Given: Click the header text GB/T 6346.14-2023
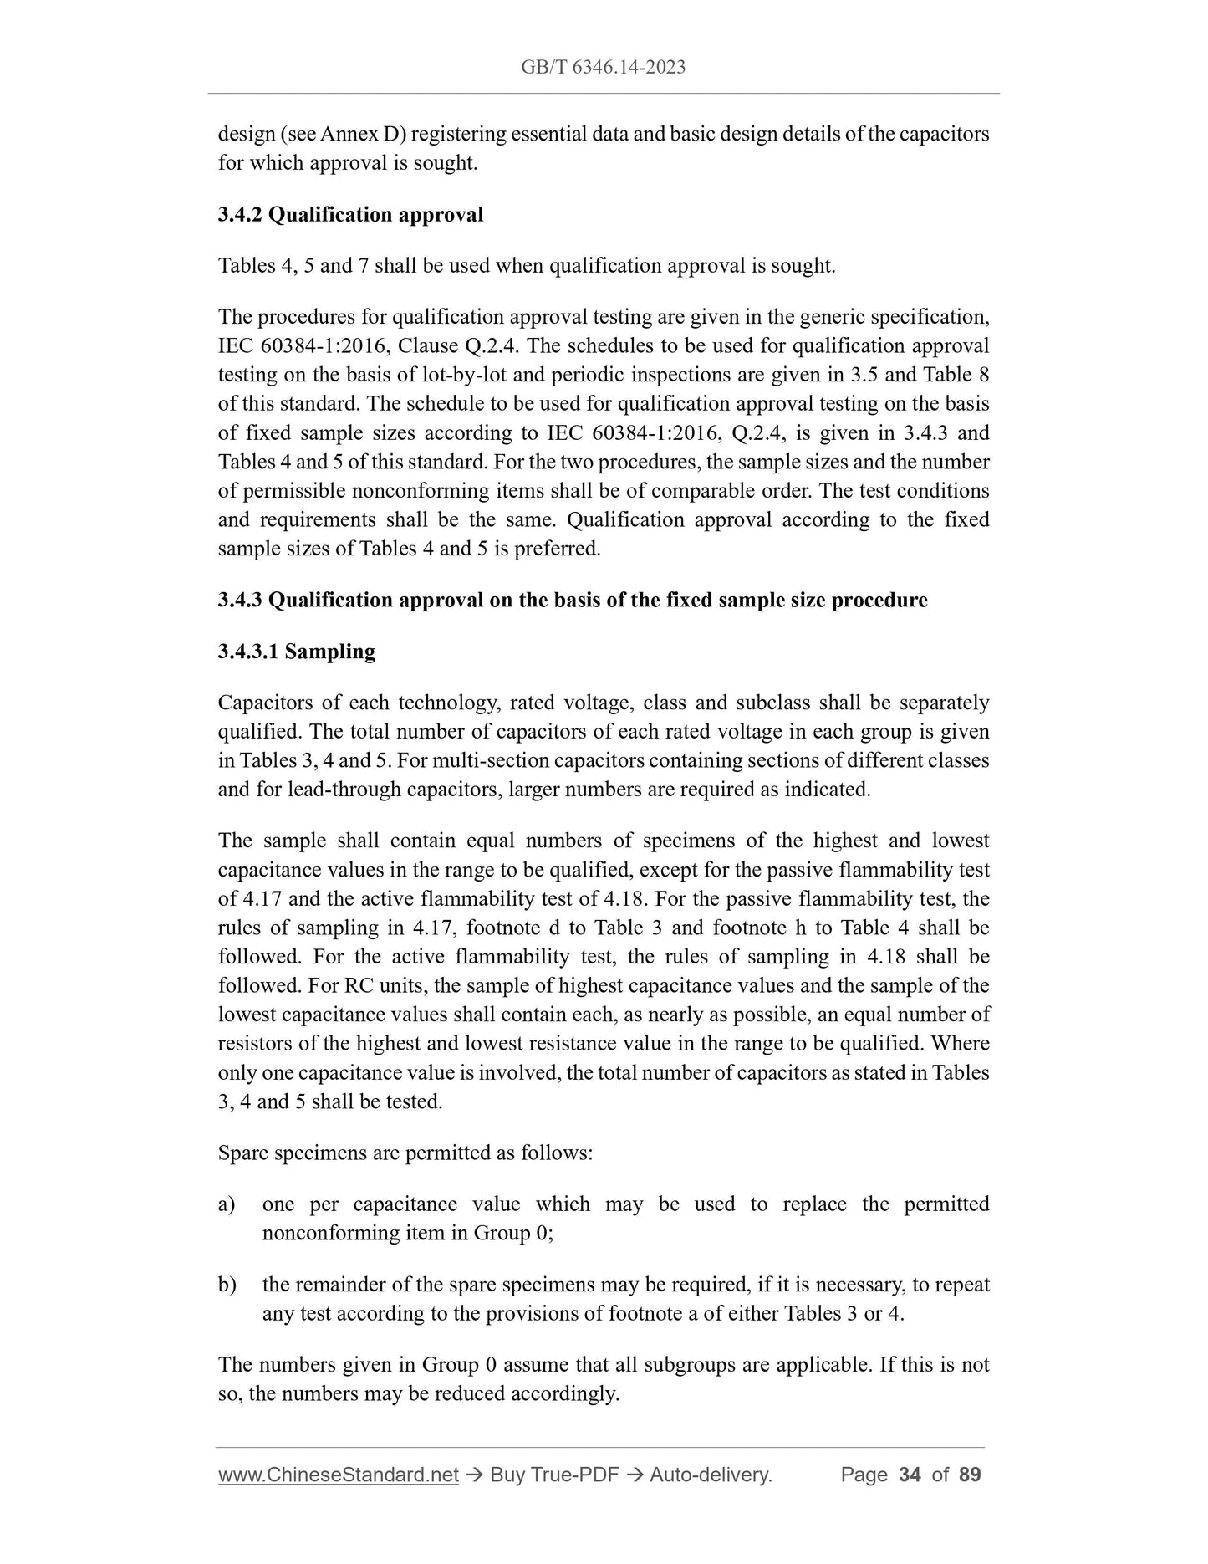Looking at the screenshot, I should tap(603, 68).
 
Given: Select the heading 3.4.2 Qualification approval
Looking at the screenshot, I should tap(350, 215).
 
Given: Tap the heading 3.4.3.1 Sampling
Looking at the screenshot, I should tap(296, 652).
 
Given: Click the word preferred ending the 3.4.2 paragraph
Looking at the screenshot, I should tap(561, 549).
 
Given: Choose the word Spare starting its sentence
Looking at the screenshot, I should tap(243, 1153).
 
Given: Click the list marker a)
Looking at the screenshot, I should tap(227, 1204).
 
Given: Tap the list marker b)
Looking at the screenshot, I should tap(227, 1285).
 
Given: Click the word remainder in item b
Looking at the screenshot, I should tap(344, 1285).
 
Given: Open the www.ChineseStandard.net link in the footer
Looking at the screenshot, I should tap(338, 1475).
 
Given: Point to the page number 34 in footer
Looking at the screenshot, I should tap(909, 1475).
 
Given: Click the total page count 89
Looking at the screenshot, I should tap(970, 1475).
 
